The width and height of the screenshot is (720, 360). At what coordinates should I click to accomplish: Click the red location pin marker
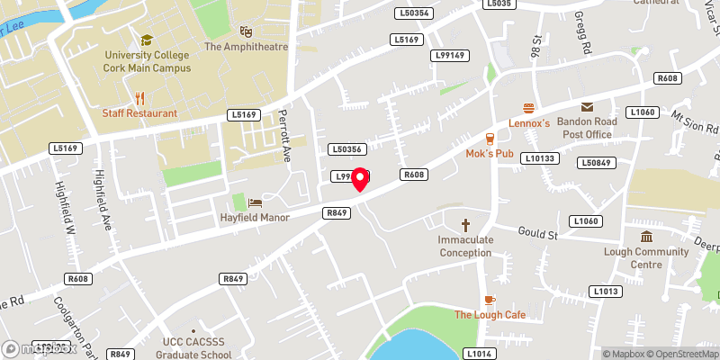(x=360, y=178)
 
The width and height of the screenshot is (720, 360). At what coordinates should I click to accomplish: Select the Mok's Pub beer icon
(x=490, y=139)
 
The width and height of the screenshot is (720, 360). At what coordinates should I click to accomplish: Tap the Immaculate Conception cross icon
(x=466, y=225)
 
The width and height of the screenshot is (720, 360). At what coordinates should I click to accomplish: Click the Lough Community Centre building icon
(x=646, y=237)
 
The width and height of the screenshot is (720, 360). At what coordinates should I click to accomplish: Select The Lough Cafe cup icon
(x=489, y=300)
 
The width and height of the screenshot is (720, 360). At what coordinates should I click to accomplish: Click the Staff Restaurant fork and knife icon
(x=139, y=97)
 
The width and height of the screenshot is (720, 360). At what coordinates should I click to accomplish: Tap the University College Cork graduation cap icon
(x=146, y=40)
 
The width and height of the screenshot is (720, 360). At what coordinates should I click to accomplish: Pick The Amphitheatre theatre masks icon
(x=247, y=31)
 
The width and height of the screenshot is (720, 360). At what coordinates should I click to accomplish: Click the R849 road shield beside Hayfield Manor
(x=337, y=212)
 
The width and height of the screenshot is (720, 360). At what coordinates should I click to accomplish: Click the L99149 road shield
(x=450, y=56)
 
